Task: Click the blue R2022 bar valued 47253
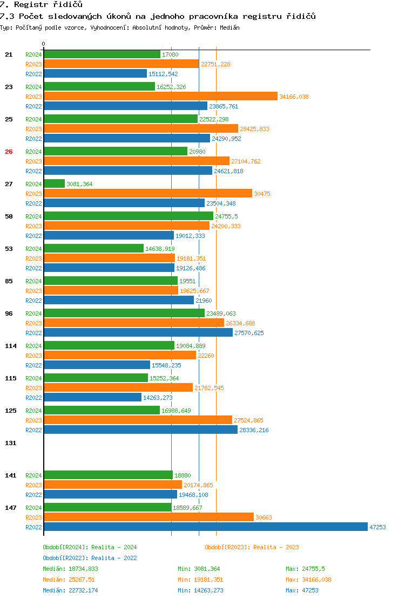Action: (205, 527)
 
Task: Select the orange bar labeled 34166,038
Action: (160, 97)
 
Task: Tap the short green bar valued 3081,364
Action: (54, 184)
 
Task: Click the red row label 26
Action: (9, 152)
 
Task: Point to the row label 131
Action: (11, 443)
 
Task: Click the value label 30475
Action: (263, 194)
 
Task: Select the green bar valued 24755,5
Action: (128, 216)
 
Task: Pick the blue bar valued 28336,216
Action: (140, 430)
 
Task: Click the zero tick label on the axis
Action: (44, 44)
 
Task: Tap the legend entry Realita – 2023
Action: (252, 547)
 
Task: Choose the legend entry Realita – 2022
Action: (90, 558)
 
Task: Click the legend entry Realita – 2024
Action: (90, 547)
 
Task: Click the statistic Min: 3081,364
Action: (199, 569)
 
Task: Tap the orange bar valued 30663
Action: (148, 517)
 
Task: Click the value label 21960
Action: (204, 301)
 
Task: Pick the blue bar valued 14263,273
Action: (92, 398)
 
